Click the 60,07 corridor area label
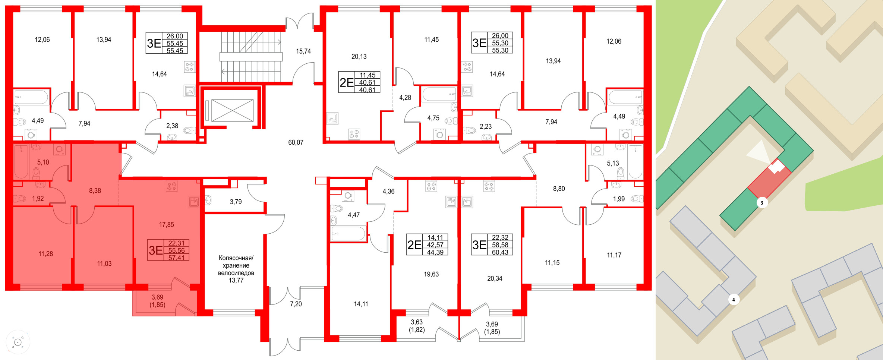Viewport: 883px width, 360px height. (296, 142)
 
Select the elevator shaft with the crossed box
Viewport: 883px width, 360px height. (232, 110)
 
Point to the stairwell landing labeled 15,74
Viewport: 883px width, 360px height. (303, 51)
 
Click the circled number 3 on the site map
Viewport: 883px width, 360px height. (762, 203)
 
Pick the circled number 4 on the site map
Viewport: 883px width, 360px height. (734, 299)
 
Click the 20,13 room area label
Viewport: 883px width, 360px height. (359, 57)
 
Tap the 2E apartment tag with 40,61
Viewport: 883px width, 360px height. (359, 82)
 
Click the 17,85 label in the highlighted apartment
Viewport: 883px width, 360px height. (166, 225)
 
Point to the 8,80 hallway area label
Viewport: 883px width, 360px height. (559, 189)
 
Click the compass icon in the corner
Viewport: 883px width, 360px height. (18, 342)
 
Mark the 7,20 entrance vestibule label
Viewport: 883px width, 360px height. (296, 304)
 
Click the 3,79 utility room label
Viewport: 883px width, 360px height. (236, 202)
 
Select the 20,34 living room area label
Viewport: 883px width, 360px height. (495, 278)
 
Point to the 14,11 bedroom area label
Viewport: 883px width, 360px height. (361, 304)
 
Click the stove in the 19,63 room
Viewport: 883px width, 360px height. (431, 186)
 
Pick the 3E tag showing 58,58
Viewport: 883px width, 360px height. (492, 244)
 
